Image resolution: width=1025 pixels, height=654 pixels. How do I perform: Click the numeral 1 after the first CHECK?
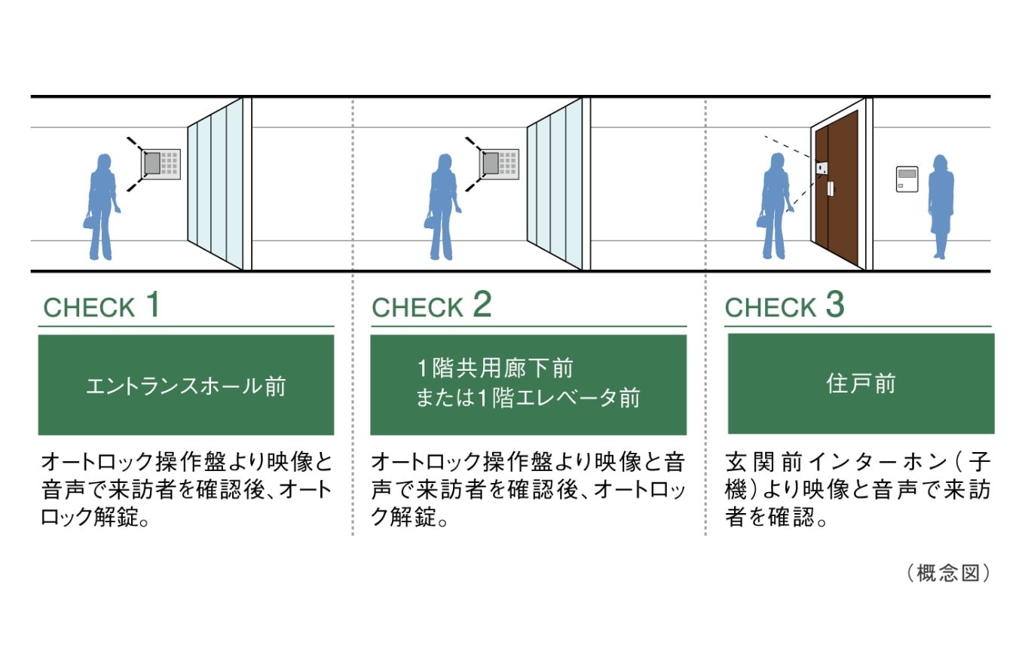[x=154, y=304]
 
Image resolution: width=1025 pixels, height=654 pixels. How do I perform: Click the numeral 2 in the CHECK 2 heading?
[x=482, y=304]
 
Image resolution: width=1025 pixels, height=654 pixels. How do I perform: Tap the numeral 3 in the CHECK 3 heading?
[x=834, y=304]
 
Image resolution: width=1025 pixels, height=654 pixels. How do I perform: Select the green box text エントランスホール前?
[x=185, y=386]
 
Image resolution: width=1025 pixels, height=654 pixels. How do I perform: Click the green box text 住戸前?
[x=860, y=384]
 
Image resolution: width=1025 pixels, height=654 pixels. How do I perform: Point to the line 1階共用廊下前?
[x=496, y=368]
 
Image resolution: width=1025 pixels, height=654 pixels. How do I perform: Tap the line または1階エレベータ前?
[x=528, y=397]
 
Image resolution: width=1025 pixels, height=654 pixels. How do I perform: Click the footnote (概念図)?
[x=949, y=573]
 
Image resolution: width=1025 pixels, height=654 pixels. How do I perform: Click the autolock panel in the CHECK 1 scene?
[x=161, y=163]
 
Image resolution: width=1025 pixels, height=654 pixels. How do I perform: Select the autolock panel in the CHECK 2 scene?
[x=499, y=163]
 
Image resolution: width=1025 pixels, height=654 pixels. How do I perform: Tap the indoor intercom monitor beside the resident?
[x=907, y=179]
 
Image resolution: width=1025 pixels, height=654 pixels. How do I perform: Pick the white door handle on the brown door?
[x=830, y=188]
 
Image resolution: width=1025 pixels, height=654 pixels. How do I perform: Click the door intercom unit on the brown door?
[x=822, y=168]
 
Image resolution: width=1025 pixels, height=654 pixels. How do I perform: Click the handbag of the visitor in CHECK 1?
[x=88, y=220]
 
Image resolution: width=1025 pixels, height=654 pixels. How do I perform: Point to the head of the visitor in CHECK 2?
[x=445, y=162]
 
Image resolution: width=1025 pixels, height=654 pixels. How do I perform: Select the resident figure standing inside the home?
[x=941, y=206]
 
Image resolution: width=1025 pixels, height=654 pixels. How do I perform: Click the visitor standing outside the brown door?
[x=775, y=206]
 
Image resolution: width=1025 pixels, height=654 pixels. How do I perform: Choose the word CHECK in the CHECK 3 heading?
[x=770, y=307]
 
